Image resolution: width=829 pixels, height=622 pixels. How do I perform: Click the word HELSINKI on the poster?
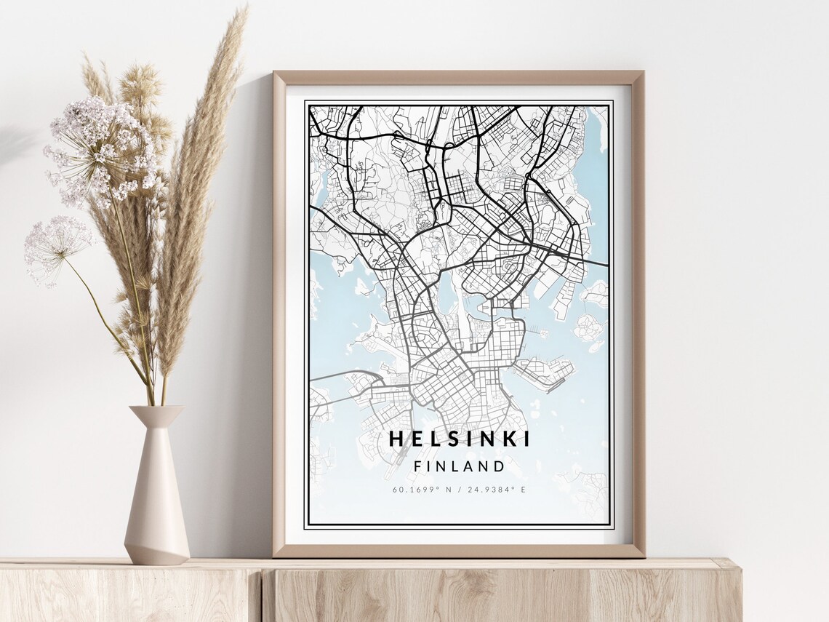click(x=460, y=439)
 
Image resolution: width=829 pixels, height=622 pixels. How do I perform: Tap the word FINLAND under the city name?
click(x=459, y=466)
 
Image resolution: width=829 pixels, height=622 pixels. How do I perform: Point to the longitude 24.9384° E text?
click(x=498, y=490)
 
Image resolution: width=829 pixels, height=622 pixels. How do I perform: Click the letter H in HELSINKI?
click(x=396, y=439)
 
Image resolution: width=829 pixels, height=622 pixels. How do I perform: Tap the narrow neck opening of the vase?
click(x=156, y=408)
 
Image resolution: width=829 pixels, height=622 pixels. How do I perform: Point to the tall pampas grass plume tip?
click(x=240, y=15)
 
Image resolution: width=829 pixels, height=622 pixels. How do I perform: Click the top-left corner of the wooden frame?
click(x=275, y=73)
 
